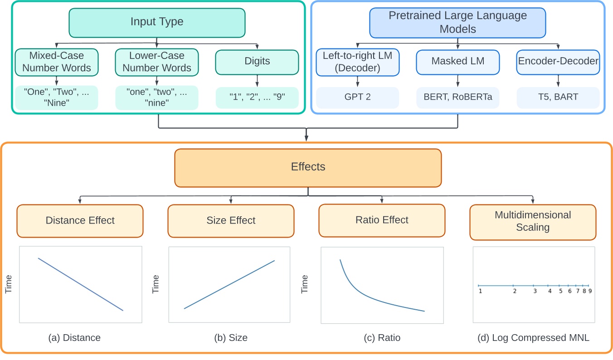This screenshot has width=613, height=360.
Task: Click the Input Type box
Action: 157,22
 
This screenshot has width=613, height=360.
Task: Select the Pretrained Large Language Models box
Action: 457,22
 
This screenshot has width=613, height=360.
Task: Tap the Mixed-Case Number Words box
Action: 57,62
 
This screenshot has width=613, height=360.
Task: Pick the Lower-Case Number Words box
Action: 157,62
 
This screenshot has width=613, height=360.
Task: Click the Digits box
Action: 257,62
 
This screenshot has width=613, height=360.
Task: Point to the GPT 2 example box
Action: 357,97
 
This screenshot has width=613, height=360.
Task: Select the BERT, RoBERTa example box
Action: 457,97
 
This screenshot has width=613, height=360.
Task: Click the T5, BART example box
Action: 558,97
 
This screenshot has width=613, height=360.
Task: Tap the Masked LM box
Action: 457,62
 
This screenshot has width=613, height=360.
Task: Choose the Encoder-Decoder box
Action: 558,62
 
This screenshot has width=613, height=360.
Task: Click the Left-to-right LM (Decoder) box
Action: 357,62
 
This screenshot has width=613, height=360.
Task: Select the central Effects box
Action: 308,167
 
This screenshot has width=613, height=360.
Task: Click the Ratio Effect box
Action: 382,220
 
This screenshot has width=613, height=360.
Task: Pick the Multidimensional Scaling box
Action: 533,221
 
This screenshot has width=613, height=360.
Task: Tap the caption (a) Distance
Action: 74,338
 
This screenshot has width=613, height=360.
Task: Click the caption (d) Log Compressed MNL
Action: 533,338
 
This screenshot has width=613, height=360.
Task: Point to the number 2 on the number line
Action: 514,291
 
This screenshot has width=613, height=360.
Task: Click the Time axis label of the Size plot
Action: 156,284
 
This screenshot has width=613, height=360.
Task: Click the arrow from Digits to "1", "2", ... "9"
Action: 257,81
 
